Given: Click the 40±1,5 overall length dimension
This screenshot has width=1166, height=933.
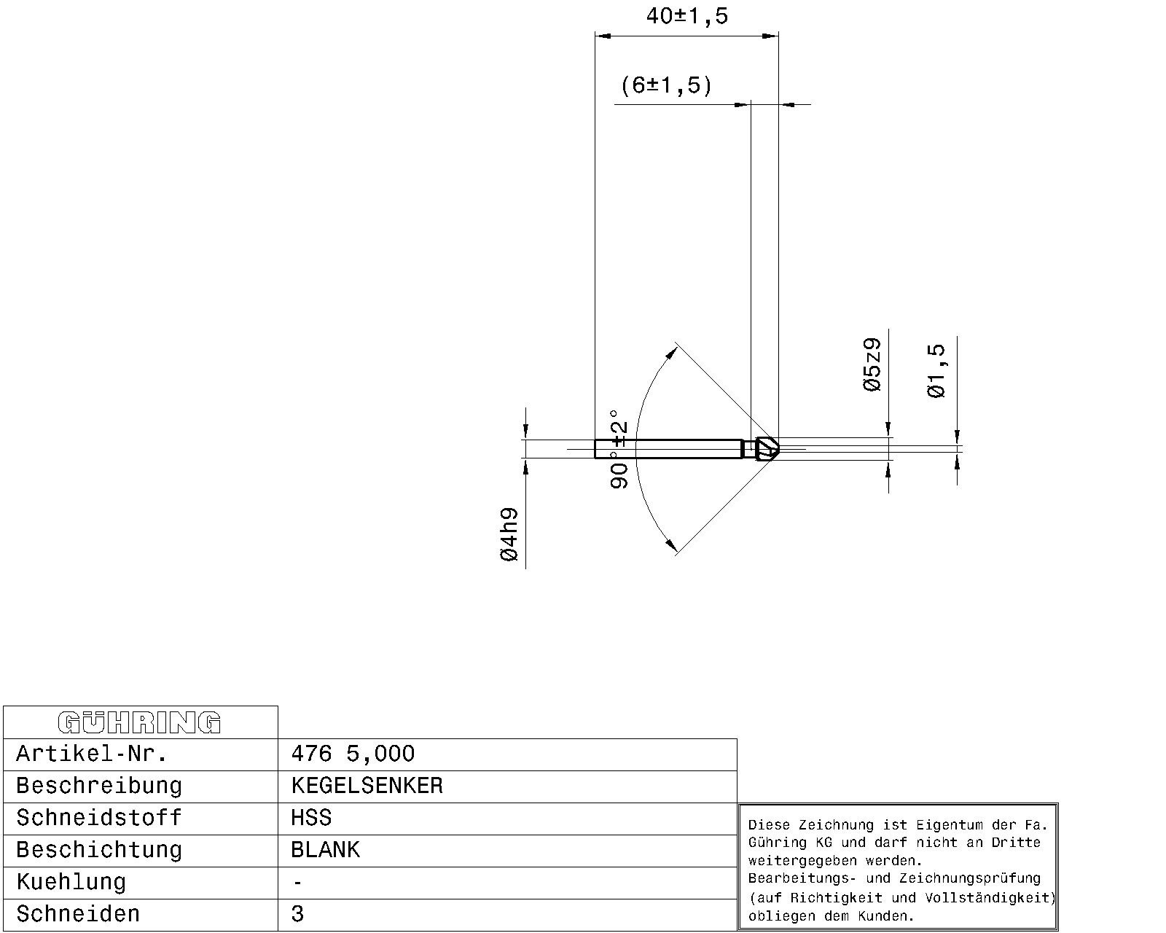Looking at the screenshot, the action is [687, 16].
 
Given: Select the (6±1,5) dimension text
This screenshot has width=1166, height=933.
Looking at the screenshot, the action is [666, 86].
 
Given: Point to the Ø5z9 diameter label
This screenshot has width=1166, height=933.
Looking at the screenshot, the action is [872, 365].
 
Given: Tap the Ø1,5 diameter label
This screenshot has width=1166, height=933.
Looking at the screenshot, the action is [936, 371].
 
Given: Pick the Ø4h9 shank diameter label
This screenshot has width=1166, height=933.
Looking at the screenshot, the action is [509, 534].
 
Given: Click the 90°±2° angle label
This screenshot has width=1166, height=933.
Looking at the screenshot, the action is [619, 450].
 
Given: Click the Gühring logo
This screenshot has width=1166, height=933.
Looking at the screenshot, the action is [139, 722].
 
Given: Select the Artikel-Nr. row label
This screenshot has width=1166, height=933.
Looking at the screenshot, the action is [92, 754].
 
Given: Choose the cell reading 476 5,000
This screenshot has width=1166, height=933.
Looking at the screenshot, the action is [353, 754].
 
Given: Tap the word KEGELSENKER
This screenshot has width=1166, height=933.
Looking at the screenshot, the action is [367, 786].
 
